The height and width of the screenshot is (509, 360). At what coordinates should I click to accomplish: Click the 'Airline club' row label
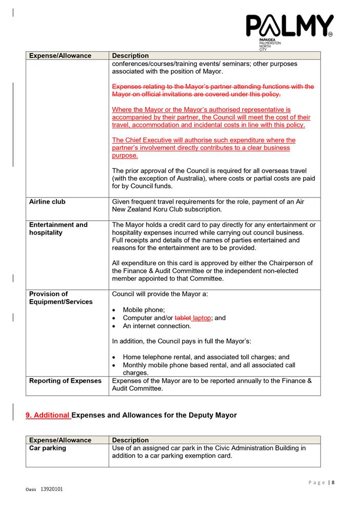47,202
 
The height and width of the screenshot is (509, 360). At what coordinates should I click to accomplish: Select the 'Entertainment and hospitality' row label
58,229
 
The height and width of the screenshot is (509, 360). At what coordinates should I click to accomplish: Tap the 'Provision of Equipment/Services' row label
61,298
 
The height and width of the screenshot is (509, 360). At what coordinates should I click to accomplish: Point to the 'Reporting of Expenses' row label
65,381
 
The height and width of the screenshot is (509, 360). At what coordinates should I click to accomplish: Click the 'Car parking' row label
48,448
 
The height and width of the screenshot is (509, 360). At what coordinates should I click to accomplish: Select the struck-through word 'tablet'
183,318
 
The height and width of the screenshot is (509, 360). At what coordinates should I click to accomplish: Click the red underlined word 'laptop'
202,318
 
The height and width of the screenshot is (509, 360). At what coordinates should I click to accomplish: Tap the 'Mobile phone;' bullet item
144,310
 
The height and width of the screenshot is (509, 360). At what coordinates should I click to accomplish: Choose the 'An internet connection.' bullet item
156,326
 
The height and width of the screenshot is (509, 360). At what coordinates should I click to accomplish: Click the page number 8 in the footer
333,482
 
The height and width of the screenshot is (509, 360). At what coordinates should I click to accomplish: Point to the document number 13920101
52,490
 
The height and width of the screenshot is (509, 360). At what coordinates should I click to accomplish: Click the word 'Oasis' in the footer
31,490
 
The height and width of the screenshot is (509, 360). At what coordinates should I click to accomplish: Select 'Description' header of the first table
130,55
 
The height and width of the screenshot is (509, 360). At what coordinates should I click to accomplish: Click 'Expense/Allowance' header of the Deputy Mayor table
60,440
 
